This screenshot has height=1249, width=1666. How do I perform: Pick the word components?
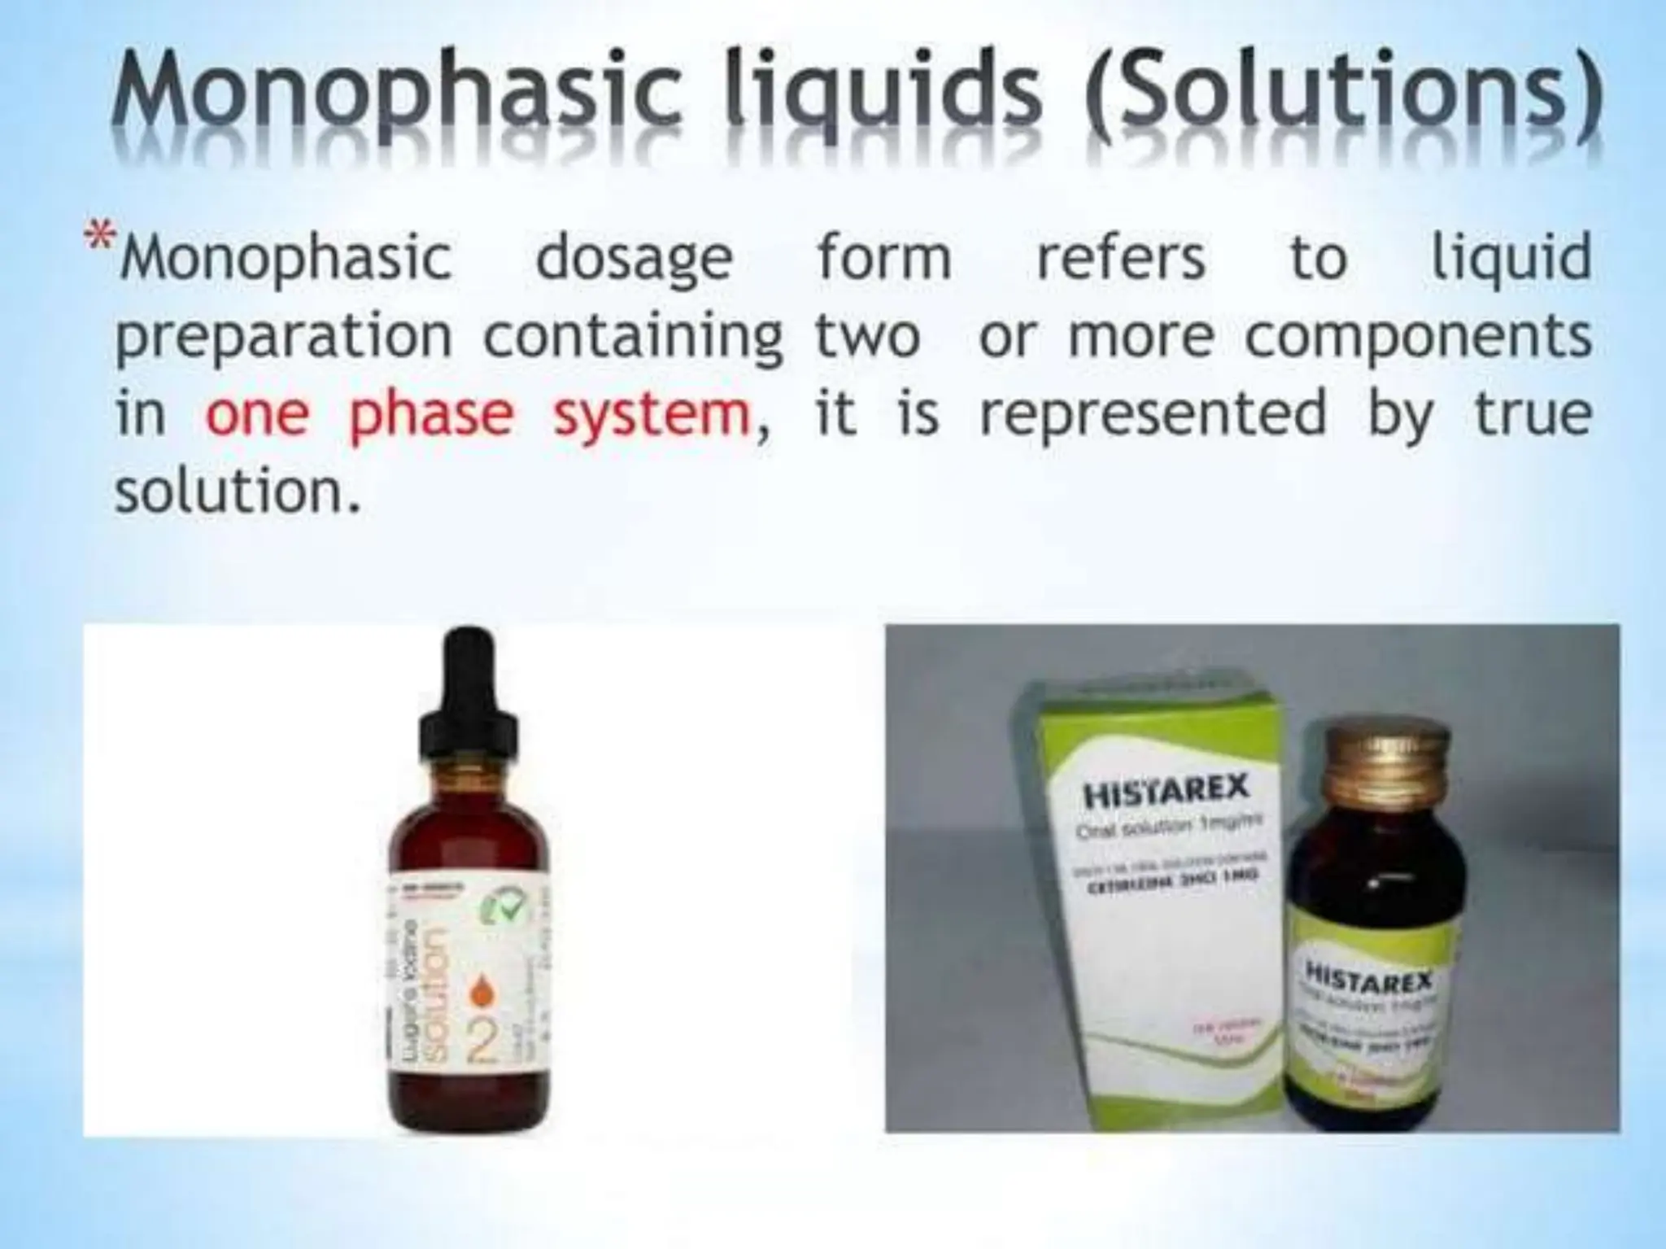(x=1418, y=336)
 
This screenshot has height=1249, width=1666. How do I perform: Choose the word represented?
(x=1153, y=413)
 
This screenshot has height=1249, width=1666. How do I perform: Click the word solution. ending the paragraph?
(x=236, y=491)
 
